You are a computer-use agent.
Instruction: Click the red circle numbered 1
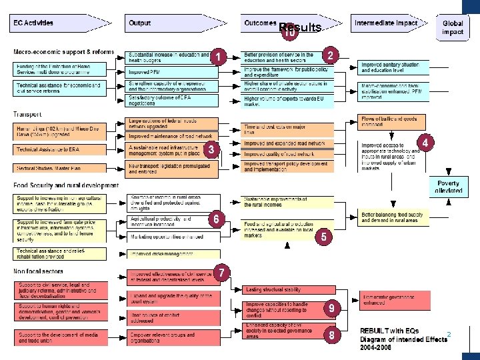(x=218, y=57)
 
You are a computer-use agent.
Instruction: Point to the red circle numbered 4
(x=425, y=143)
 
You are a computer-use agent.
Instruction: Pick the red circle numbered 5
(x=323, y=237)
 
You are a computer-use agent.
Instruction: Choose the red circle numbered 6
(x=216, y=219)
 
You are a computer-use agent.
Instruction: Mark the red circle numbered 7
(x=222, y=272)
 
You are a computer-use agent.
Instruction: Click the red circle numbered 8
(x=331, y=335)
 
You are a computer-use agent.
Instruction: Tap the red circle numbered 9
(x=331, y=308)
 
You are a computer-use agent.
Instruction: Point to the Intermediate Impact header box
(x=387, y=23)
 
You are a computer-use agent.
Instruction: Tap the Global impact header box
(x=453, y=27)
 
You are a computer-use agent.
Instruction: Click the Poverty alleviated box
(x=448, y=187)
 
